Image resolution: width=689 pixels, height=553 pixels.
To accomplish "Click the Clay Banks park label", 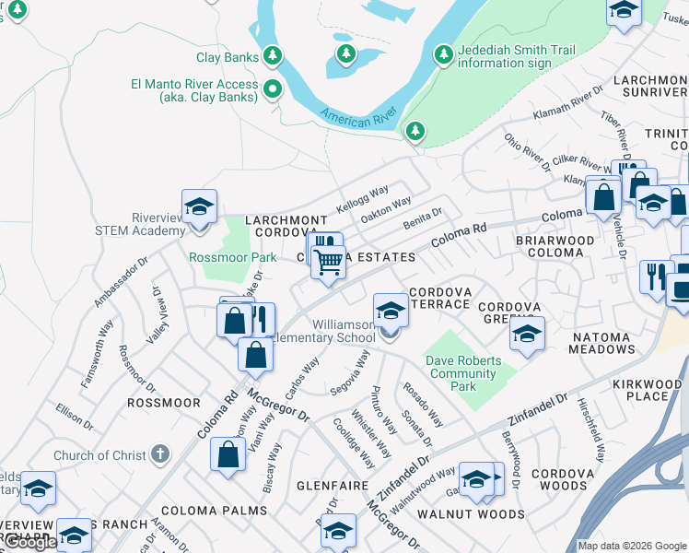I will click(x=228, y=57).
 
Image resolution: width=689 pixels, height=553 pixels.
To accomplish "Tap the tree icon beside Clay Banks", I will click(x=273, y=57).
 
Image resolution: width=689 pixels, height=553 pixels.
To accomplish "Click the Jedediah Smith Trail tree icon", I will click(x=444, y=55).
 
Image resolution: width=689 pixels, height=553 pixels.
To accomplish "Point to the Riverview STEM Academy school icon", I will click(x=199, y=209).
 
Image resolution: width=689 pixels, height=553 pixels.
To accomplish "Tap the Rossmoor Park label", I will click(x=219, y=257).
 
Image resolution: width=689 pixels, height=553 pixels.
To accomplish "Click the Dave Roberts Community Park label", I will click(x=462, y=373).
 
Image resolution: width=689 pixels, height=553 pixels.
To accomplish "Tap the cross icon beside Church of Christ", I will click(x=159, y=454).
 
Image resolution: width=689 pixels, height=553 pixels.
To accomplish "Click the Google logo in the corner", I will click(x=29, y=543).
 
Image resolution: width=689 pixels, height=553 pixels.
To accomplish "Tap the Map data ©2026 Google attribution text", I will click(x=632, y=546).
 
